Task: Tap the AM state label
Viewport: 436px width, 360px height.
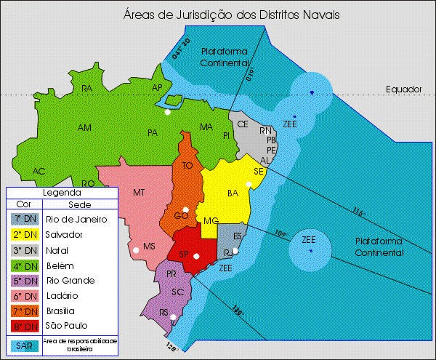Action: pyautogui.click(x=85, y=128)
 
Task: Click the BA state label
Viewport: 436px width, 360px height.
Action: pyautogui.click(x=233, y=193)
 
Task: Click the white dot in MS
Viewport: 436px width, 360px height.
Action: pyautogui.click(x=136, y=250)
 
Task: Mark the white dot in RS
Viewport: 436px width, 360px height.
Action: pyautogui.click(x=172, y=317)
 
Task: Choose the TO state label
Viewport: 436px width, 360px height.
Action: pyautogui.click(x=187, y=166)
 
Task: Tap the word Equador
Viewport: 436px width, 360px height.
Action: pyautogui.click(x=405, y=89)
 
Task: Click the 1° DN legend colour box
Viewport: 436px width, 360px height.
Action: pyautogui.click(x=25, y=219)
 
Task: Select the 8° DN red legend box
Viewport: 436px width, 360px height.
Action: pyautogui.click(x=25, y=326)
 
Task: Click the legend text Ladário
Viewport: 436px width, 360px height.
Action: pyautogui.click(x=62, y=295)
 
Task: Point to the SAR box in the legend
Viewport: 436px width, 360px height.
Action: pyautogui.click(x=25, y=345)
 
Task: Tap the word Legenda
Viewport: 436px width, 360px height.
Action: pyautogui.click(x=61, y=193)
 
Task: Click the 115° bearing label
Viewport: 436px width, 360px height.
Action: pyautogui.click(x=357, y=212)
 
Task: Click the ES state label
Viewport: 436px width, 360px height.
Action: pyautogui.click(x=238, y=236)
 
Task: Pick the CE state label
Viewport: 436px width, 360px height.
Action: pyautogui.click(x=243, y=124)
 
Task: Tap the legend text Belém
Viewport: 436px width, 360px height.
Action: pyautogui.click(x=60, y=265)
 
